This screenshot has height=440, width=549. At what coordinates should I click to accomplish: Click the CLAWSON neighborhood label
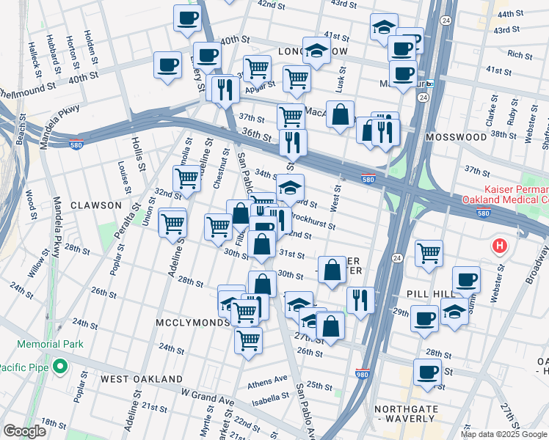(x=95, y=205)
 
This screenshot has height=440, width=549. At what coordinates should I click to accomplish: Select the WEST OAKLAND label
(x=142, y=378)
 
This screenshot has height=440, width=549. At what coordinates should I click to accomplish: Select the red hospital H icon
(x=501, y=246)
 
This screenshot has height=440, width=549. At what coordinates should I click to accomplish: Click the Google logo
(x=24, y=431)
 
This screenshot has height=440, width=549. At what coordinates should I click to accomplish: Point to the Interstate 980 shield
(x=362, y=375)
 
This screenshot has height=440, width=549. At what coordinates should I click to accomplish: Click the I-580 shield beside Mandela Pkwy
(x=77, y=144)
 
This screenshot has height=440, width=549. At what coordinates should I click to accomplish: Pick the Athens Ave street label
(x=267, y=381)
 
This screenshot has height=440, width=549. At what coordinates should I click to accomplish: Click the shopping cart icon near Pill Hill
(x=429, y=254)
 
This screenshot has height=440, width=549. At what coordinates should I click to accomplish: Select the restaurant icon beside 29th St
(x=360, y=299)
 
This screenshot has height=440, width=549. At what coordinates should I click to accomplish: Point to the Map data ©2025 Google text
(x=503, y=434)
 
